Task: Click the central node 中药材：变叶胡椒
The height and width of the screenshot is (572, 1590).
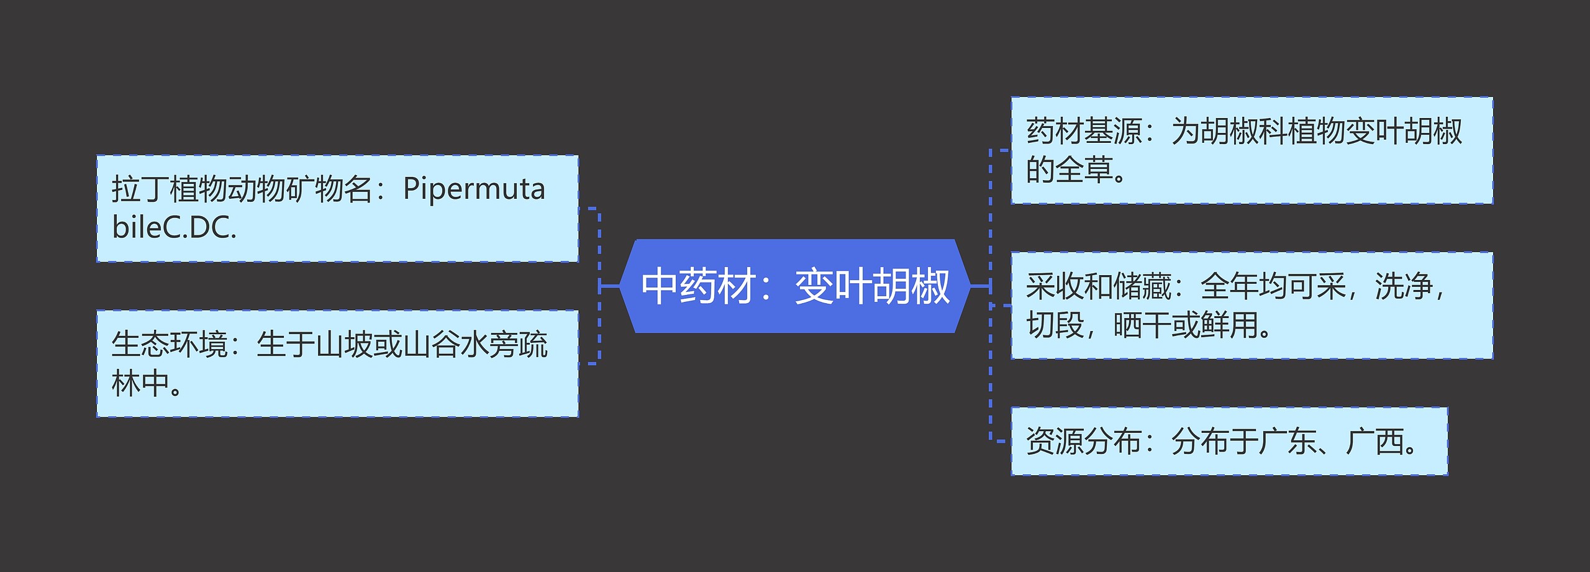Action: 795,286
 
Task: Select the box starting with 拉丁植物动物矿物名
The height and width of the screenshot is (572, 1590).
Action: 337,209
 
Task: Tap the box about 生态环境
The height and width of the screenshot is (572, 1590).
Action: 337,364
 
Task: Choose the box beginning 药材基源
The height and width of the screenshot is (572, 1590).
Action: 1252,150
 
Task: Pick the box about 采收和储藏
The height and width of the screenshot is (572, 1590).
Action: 1252,306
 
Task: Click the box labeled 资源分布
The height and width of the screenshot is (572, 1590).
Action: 1229,442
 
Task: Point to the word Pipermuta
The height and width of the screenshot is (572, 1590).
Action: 474,189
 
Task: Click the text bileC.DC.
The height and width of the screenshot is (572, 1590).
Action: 174,228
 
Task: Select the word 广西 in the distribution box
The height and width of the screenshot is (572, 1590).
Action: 1374,442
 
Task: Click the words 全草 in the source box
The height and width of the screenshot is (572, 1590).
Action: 1084,170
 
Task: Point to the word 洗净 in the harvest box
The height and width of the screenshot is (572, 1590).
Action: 1403,286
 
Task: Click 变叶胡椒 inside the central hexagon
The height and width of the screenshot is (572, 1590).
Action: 872,287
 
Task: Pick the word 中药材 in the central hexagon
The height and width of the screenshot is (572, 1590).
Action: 698,287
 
